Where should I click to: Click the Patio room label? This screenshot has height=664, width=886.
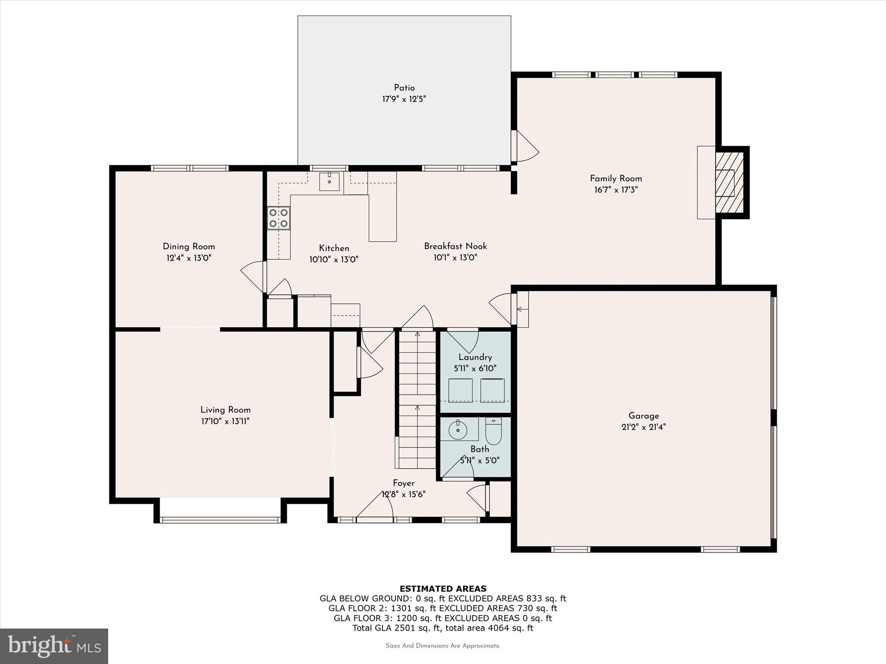click(x=404, y=88)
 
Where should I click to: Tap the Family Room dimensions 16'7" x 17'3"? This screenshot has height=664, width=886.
click(x=616, y=190)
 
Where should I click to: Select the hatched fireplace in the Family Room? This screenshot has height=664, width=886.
click(x=729, y=182)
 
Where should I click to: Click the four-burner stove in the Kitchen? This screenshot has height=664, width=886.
click(x=279, y=218)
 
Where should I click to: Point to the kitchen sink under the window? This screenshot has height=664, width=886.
click(x=330, y=182)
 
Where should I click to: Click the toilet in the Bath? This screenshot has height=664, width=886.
click(x=494, y=431)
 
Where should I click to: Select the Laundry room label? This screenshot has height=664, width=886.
click(x=475, y=357)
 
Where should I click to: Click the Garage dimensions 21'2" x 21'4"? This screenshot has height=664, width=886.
click(x=644, y=427)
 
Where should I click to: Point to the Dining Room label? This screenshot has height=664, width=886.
click(x=189, y=246)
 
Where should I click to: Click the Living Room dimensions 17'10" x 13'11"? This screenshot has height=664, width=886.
click(x=225, y=421)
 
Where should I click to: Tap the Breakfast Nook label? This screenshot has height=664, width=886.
click(x=455, y=246)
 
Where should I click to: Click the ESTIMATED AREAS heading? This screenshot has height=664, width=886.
click(x=443, y=589)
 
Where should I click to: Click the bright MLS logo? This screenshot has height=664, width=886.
click(x=54, y=646)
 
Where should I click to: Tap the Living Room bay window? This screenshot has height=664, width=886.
click(x=220, y=520)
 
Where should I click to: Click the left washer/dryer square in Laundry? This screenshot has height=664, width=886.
click(x=460, y=390)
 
